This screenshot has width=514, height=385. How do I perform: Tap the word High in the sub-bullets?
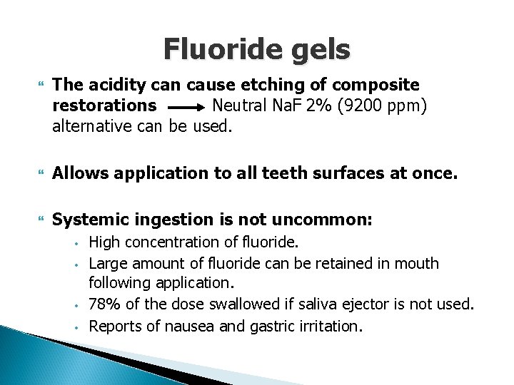[104, 242]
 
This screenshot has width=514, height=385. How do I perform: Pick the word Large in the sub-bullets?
[108, 263]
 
